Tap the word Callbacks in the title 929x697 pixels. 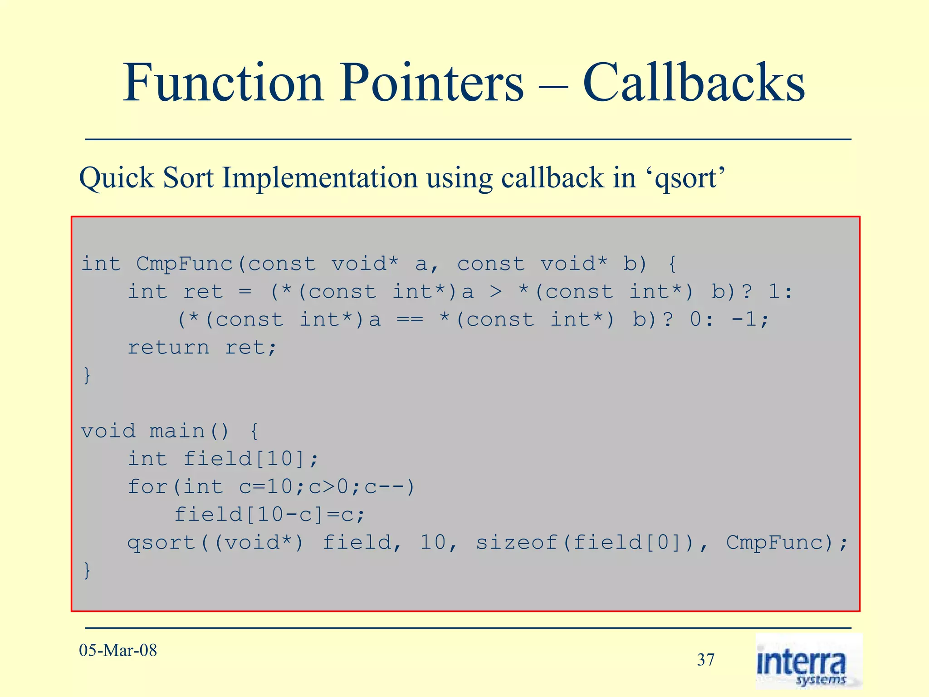(x=694, y=83)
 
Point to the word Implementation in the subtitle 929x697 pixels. (x=319, y=177)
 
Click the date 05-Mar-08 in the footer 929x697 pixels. (x=118, y=650)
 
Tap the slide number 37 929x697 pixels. (x=705, y=660)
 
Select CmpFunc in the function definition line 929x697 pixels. (x=184, y=264)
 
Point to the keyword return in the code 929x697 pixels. (x=168, y=348)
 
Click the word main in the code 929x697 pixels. (x=177, y=431)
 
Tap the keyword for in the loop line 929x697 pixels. (x=148, y=487)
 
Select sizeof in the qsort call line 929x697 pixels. (x=517, y=542)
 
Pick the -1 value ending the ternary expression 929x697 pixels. (x=744, y=320)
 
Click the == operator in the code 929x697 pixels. (x=410, y=320)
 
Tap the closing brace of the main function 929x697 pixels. (x=87, y=570)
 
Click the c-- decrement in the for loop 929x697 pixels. (x=384, y=487)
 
